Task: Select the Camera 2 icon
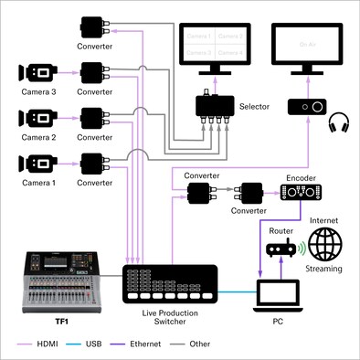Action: pyautogui.click(x=37, y=118)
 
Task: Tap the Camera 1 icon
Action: pyautogui.click(x=37, y=164)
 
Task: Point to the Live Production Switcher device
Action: pyautogui.click(x=170, y=284)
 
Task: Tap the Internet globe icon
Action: pyautogui.click(x=323, y=245)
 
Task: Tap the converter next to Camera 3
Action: pyautogui.click(x=94, y=72)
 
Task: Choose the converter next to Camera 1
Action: pyautogui.click(x=94, y=164)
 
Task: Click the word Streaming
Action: pyautogui.click(x=323, y=270)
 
